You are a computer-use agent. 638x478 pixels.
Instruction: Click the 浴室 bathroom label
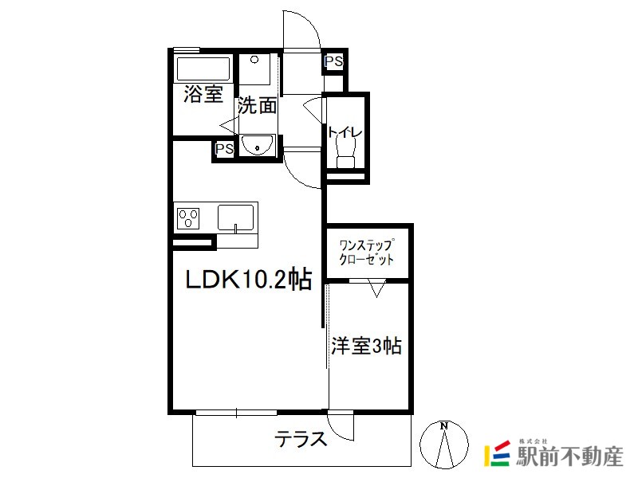[203, 94]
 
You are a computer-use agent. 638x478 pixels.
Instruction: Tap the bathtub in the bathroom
[203, 69]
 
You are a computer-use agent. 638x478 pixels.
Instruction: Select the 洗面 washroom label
[257, 106]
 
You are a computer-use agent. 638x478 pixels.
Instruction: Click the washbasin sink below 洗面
[257, 145]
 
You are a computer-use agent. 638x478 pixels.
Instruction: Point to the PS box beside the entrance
[333, 62]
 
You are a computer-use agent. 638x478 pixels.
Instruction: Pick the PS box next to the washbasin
[224, 149]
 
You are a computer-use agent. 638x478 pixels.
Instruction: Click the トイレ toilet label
[345, 132]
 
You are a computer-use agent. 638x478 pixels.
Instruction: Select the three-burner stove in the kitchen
[188, 218]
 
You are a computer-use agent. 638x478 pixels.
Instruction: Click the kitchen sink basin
[235, 218]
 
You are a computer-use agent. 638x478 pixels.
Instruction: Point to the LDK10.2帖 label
[249, 280]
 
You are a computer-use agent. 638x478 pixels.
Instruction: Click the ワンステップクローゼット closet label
[367, 253]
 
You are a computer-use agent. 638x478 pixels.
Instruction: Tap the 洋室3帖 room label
[367, 347]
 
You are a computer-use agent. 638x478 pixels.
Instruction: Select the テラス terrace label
[301, 439]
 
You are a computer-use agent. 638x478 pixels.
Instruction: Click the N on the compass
[444, 426]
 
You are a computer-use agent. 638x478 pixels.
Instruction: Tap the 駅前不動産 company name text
[569, 456]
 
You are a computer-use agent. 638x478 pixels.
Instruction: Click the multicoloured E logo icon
[497, 453]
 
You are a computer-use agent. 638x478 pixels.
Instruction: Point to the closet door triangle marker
[376, 288]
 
